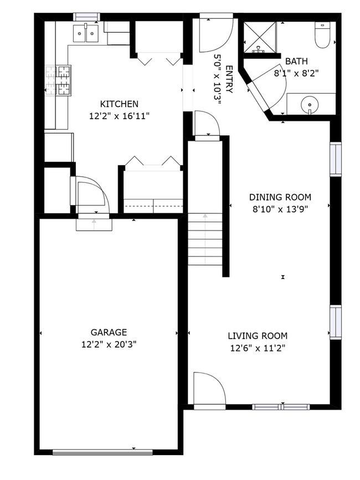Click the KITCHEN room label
click(119, 104)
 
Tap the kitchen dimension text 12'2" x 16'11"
click(119, 116)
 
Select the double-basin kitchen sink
click(85, 34)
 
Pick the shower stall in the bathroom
click(260, 37)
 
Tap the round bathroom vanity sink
click(310, 104)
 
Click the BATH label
click(296, 61)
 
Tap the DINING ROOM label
click(280, 197)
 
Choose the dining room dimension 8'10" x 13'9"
click(280, 209)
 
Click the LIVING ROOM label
click(258, 336)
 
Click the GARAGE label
click(109, 332)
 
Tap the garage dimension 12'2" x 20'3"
click(109, 344)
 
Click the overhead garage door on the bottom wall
click(102, 452)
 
